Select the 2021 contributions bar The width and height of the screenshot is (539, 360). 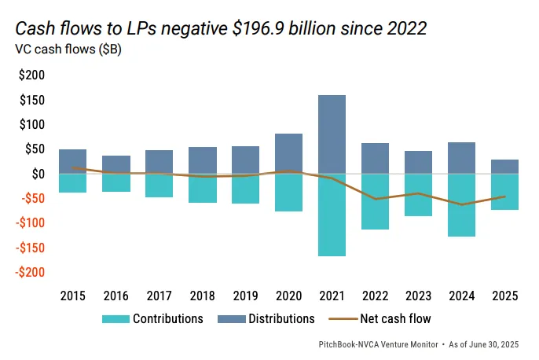[x=332, y=215]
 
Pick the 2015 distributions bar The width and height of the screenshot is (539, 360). [x=72, y=161]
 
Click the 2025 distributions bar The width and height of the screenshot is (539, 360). [x=504, y=167]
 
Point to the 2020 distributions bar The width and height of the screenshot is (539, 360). [x=288, y=153]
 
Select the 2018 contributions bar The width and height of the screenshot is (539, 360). [x=202, y=188]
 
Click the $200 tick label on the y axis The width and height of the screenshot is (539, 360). [x=31, y=75]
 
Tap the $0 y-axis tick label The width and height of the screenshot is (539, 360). [x=37, y=174]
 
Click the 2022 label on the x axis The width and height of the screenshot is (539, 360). [x=375, y=296]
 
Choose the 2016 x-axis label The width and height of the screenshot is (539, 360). [x=115, y=296]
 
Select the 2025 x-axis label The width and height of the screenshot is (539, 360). [x=504, y=296]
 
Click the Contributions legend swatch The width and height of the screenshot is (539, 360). [x=115, y=319]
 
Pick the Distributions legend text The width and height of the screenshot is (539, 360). [x=280, y=319]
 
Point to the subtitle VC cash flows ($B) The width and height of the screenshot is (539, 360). [x=68, y=49]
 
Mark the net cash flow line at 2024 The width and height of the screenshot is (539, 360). [x=461, y=204]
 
